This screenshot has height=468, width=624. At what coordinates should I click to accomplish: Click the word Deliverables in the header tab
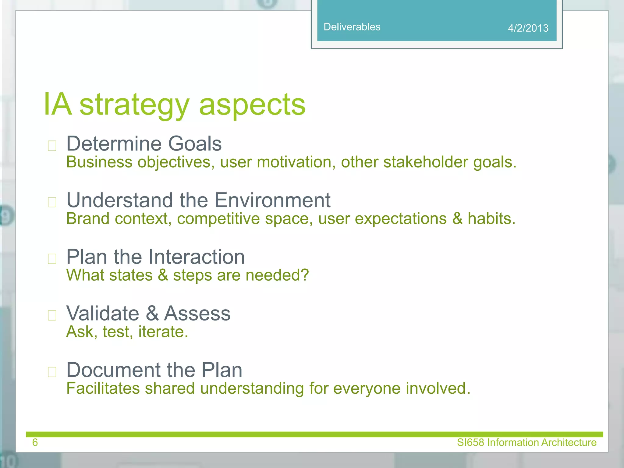point(352,27)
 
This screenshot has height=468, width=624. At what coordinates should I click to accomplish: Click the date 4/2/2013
point(528,28)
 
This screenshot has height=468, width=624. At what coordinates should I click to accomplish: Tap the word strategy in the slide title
point(134,105)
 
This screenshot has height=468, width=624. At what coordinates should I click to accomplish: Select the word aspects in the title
point(252,105)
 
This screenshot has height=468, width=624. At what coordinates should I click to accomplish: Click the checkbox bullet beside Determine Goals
point(52,146)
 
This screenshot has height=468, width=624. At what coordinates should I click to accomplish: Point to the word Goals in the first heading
point(195,144)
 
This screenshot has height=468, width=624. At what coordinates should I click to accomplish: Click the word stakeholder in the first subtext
point(425,162)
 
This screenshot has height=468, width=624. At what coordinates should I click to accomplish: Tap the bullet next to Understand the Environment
point(52,202)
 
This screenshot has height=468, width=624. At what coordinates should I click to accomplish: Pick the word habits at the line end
point(491,218)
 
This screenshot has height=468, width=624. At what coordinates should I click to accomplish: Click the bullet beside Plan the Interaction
point(52,259)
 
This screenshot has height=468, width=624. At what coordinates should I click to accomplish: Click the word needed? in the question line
point(277,275)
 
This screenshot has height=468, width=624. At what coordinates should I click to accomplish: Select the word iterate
point(163,332)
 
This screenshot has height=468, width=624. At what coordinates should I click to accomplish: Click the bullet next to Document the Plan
point(52,372)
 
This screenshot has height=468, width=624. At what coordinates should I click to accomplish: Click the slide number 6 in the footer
point(35,442)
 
